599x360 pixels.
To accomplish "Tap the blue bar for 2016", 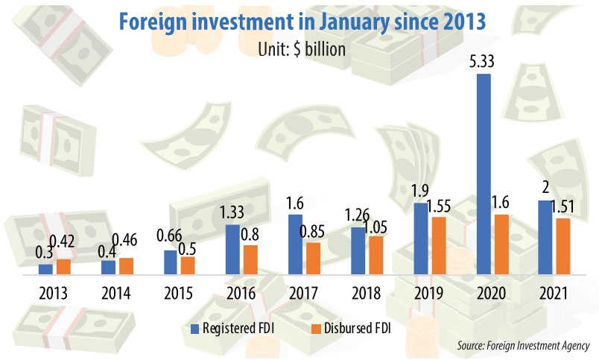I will point(233,249).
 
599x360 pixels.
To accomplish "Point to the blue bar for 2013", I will point(46,269).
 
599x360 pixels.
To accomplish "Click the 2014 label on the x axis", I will point(115,293).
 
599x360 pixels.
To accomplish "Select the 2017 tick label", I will point(304,293).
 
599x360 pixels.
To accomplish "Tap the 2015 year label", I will point(178,293).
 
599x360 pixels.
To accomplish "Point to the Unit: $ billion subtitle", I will point(299,49).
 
